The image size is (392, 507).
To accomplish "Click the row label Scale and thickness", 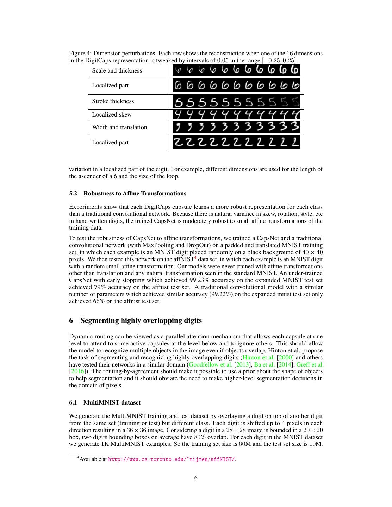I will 117,70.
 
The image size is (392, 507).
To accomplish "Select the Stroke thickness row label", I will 113,101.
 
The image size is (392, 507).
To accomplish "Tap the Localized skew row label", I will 112,114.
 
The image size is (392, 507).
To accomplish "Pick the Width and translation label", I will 119,127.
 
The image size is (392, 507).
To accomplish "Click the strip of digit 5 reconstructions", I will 236,102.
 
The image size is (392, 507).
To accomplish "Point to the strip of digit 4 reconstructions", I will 236,114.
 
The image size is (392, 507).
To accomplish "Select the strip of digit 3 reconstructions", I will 236,127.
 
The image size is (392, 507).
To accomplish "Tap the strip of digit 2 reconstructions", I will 236,142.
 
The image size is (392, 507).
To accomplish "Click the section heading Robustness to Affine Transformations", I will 135,193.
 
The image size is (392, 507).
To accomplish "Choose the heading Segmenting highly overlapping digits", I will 141,320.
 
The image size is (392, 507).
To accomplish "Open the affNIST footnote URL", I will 172,459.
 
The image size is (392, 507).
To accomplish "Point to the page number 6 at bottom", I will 196,478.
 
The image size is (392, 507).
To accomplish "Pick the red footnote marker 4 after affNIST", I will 195,258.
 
